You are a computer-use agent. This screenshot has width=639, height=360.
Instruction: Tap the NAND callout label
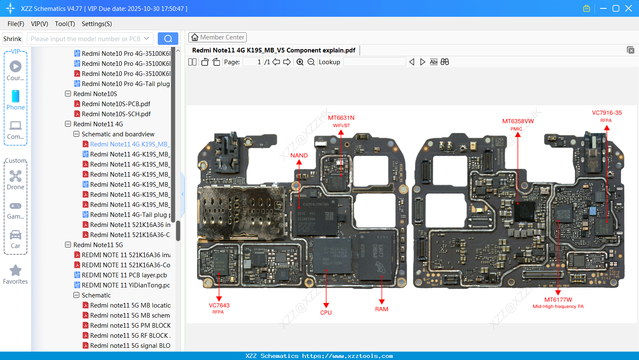(299, 155)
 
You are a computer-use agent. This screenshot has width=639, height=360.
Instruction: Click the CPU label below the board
(326, 313)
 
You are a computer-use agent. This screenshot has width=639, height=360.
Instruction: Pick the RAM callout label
(381, 309)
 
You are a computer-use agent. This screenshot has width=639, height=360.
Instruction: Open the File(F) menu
(16, 24)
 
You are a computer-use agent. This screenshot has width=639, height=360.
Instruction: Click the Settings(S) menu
(97, 24)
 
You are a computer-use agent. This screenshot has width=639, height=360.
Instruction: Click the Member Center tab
(217, 37)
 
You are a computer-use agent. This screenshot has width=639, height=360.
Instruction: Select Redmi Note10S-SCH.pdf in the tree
(116, 114)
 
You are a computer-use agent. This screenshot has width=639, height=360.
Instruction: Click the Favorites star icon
(16, 271)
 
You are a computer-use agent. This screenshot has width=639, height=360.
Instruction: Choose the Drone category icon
(16, 176)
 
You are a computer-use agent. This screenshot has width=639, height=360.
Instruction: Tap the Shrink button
(13, 39)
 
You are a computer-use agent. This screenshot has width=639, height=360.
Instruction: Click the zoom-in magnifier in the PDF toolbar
(300, 62)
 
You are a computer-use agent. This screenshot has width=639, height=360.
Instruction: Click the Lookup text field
(374, 62)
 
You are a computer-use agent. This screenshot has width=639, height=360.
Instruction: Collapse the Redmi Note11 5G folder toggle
(68, 245)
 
